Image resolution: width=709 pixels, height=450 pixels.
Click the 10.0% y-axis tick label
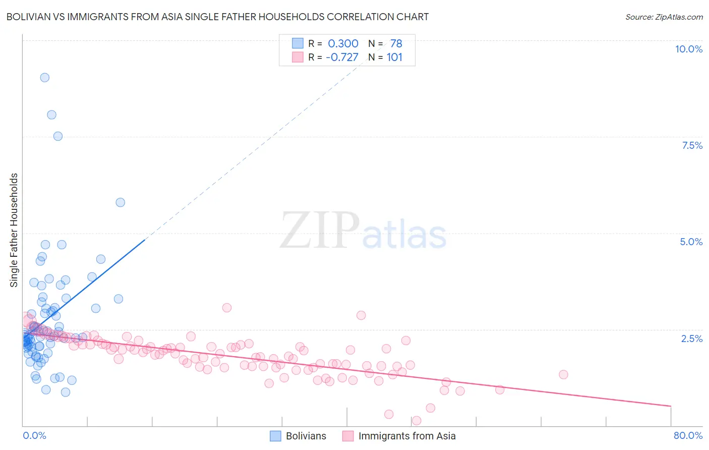(x=688, y=49)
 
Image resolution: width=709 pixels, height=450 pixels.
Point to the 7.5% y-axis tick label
(x=692, y=145)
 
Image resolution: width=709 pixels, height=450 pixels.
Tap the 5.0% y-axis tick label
(x=691, y=242)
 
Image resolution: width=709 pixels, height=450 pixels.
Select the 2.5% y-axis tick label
(x=691, y=339)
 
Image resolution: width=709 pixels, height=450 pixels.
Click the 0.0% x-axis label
(x=34, y=435)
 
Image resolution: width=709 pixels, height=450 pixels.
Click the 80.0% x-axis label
(x=688, y=435)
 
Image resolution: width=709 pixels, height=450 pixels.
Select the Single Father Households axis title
(x=14, y=230)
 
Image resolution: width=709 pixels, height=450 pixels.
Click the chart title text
(x=217, y=17)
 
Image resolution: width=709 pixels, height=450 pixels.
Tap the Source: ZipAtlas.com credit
(x=664, y=17)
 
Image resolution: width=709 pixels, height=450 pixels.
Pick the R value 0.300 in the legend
(x=343, y=44)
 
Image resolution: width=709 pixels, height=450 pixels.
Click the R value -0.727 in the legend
(x=342, y=57)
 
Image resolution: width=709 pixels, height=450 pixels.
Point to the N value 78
(x=396, y=44)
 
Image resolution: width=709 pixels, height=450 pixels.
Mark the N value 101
(x=394, y=57)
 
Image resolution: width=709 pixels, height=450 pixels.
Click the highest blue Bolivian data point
(x=45, y=77)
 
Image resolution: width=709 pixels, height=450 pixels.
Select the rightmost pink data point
(x=563, y=374)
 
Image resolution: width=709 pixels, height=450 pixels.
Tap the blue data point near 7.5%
(x=58, y=136)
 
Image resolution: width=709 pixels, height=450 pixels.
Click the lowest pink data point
(x=417, y=421)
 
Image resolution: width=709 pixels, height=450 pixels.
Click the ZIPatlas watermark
(x=363, y=231)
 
